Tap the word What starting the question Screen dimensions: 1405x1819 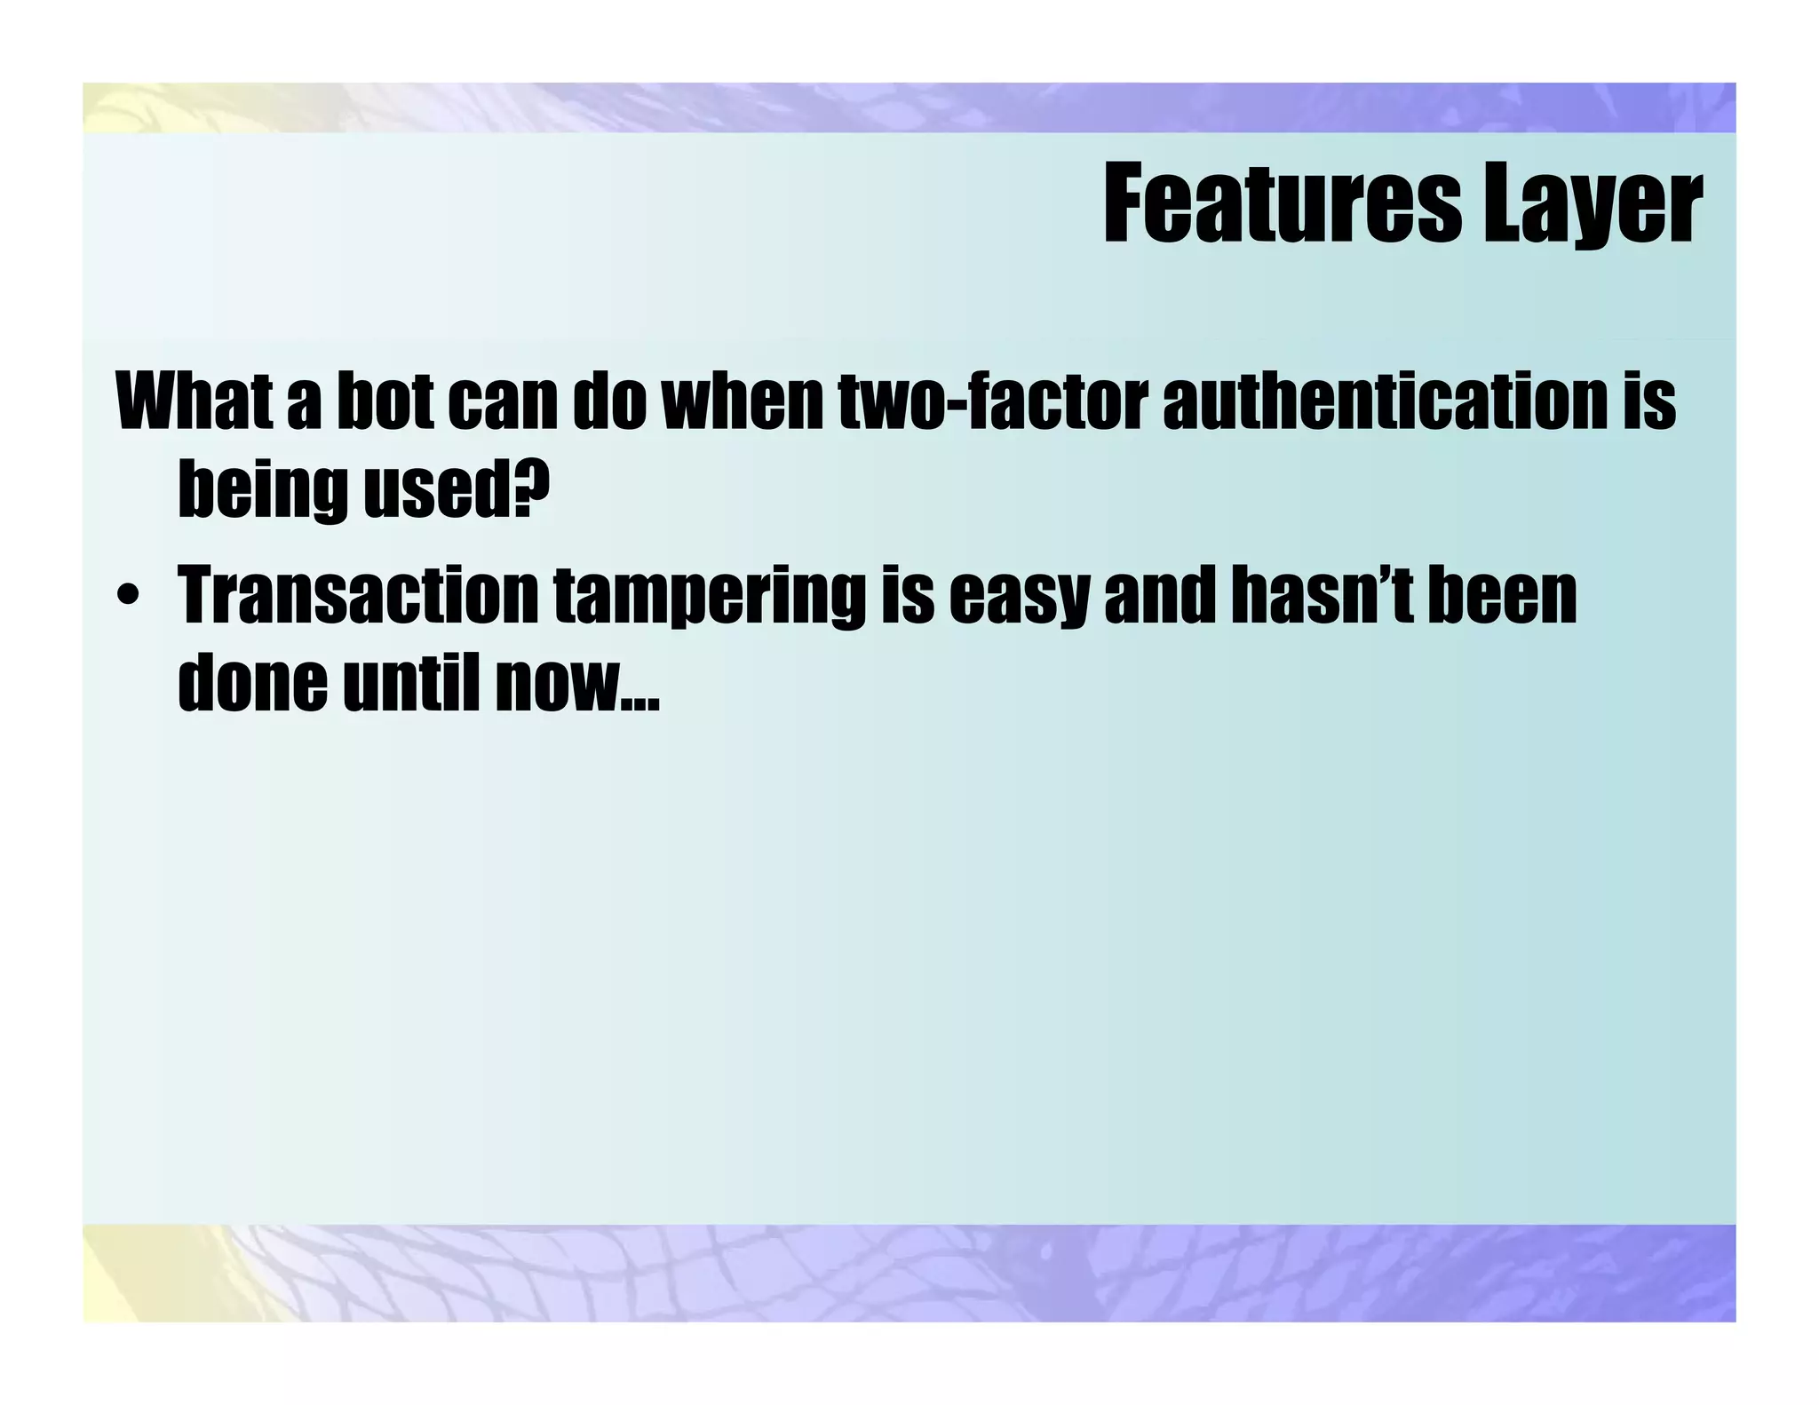click(194, 401)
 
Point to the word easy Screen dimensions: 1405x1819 click(1018, 598)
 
